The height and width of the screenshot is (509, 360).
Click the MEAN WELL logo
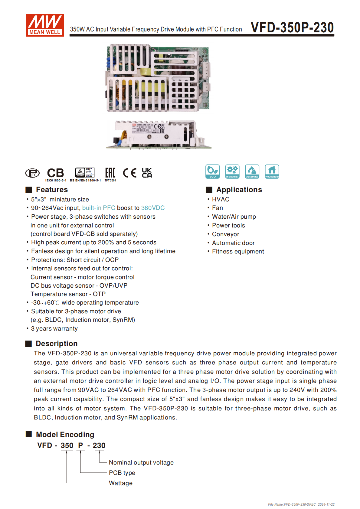pyautogui.click(x=45, y=25)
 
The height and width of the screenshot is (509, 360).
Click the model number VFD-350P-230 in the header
pyautogui.click(x=292, y=28)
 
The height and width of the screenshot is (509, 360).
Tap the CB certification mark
pyautogui.click(x=56, y=173)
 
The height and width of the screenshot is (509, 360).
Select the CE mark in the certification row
pyautogui.click(x=129, y=173)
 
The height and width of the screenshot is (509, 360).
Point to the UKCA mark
pyautogui.click(x=147, y=173)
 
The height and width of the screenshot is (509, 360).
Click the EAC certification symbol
pyautogui.click(x=110, y=173)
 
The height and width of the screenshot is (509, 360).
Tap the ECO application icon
pyautogui.click(x=212, y=171)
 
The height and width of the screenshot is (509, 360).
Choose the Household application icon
pyautogui.click(x=272, y=171)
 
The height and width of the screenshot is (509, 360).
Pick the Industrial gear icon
pyautogui.click(x=232, y=171)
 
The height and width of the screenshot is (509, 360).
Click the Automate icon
pyautogui.click(x=252, y=171)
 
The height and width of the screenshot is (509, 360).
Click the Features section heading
pyautogui.click(x=52, y=190)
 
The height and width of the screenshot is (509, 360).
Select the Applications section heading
pyautogui.click(x=239, y=190)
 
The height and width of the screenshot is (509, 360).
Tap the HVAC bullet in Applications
pyautogui.click(x=221, y=199)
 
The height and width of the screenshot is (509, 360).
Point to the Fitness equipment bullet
pyautogui.click(x=238, y=251)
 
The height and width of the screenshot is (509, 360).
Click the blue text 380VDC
pyautogui.click(x=153, y=208)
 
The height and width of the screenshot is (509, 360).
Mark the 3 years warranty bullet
pyautogui.click(x=54, y=328)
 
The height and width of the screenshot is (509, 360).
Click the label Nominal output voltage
pyautogui.click(x=141, y=462)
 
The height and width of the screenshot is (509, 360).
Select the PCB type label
pyautogui.click(x=122, y=473)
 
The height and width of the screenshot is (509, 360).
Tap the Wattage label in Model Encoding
pyautogui.click(x=120, y=483)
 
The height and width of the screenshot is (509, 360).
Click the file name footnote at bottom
pyautogui.click(x=301, y=504)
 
